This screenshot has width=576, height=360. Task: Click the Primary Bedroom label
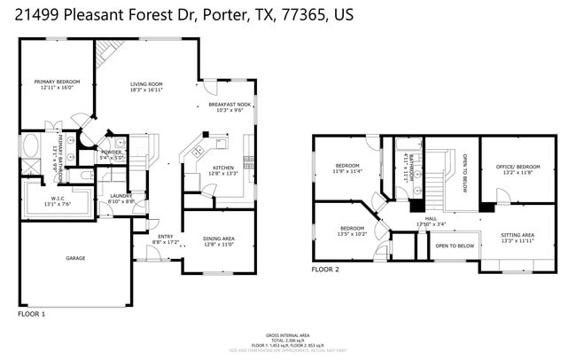(54, 82)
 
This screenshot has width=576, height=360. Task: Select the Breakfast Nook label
(230, 105)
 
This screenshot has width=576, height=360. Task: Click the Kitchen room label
(223, 168)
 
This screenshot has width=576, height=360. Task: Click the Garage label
(75, 258)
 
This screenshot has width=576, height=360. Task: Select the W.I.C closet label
(57, 198)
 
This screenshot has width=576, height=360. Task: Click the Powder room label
(112, 152)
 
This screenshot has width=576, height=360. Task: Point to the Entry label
(166, 236)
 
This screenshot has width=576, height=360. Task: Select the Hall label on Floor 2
(431, 218)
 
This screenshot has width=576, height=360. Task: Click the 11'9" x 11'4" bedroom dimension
(347, 172)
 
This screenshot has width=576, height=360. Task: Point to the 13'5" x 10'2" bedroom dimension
(352, 234)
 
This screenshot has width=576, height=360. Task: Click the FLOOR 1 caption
(32, 314)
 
